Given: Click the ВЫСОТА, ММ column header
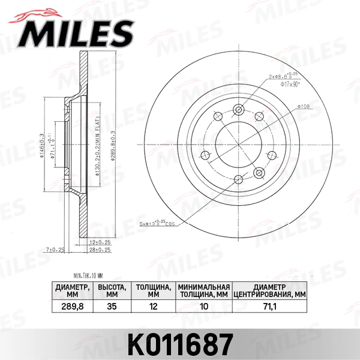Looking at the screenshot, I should [111, 290].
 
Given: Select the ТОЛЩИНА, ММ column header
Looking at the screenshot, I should [152, 290].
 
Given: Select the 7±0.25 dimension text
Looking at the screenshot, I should [55, 249].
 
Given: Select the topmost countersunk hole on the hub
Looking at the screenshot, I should [239, 109].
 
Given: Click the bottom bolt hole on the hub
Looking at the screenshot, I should [239, 178].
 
